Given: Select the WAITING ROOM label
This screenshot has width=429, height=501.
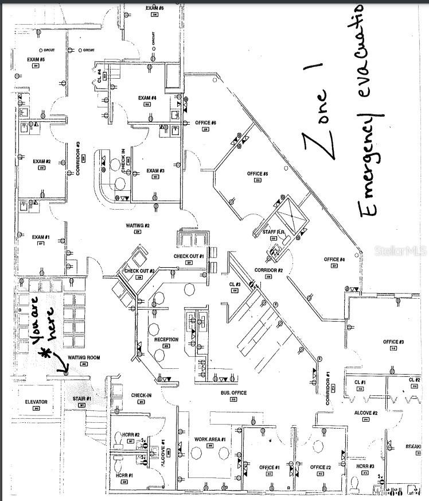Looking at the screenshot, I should point(84,357).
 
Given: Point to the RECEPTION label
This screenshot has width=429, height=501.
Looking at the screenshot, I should point(166,340).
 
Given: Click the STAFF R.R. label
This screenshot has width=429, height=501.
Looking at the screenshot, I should point(274,232).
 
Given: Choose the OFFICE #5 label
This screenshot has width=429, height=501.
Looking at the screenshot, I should point(258,174).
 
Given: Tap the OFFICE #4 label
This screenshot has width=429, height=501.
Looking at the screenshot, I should point(334,259).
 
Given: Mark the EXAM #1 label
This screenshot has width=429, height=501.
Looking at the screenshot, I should point(41,237).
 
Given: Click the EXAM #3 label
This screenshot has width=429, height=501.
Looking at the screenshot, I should point(155,171).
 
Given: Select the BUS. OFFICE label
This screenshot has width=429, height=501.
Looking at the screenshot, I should point(233,393).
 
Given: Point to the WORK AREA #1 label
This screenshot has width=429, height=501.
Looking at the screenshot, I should point(210,439).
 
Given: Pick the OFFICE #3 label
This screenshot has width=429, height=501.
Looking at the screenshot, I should point(393,342).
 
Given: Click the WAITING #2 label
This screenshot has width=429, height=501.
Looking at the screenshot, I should point(138,225).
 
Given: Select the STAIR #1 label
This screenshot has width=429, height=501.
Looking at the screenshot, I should point(81,398).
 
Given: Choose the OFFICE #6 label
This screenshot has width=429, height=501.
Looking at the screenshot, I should point(205,123).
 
